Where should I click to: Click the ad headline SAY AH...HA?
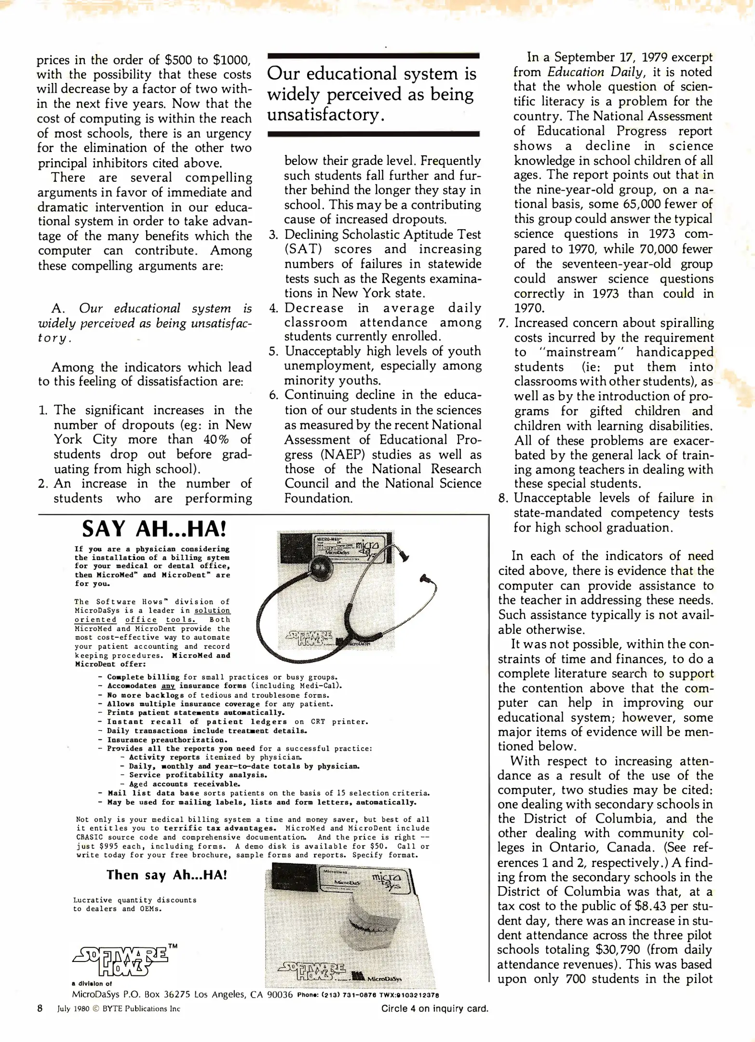tap(154, 529)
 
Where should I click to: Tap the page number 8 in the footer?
tap(40, 1008)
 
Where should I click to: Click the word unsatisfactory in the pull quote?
tap(325, 115)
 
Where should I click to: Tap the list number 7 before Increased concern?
tap(503, 323)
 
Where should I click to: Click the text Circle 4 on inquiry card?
tap(434, 1008)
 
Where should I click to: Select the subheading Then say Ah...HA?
tap(167, 875)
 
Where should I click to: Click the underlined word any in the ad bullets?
tap(168, 686)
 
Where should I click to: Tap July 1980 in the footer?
tap(73, 1009)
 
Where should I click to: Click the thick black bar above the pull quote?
tap(373, 56)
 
